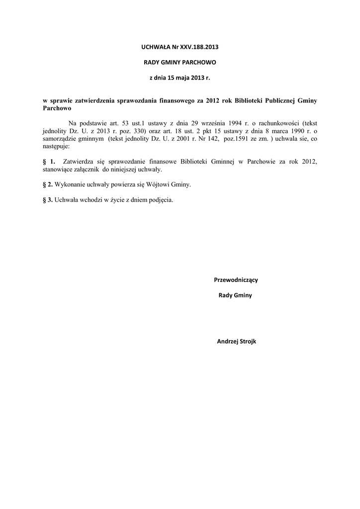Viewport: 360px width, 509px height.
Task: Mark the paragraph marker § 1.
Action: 49,162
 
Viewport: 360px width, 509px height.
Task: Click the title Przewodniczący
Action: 236,279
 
